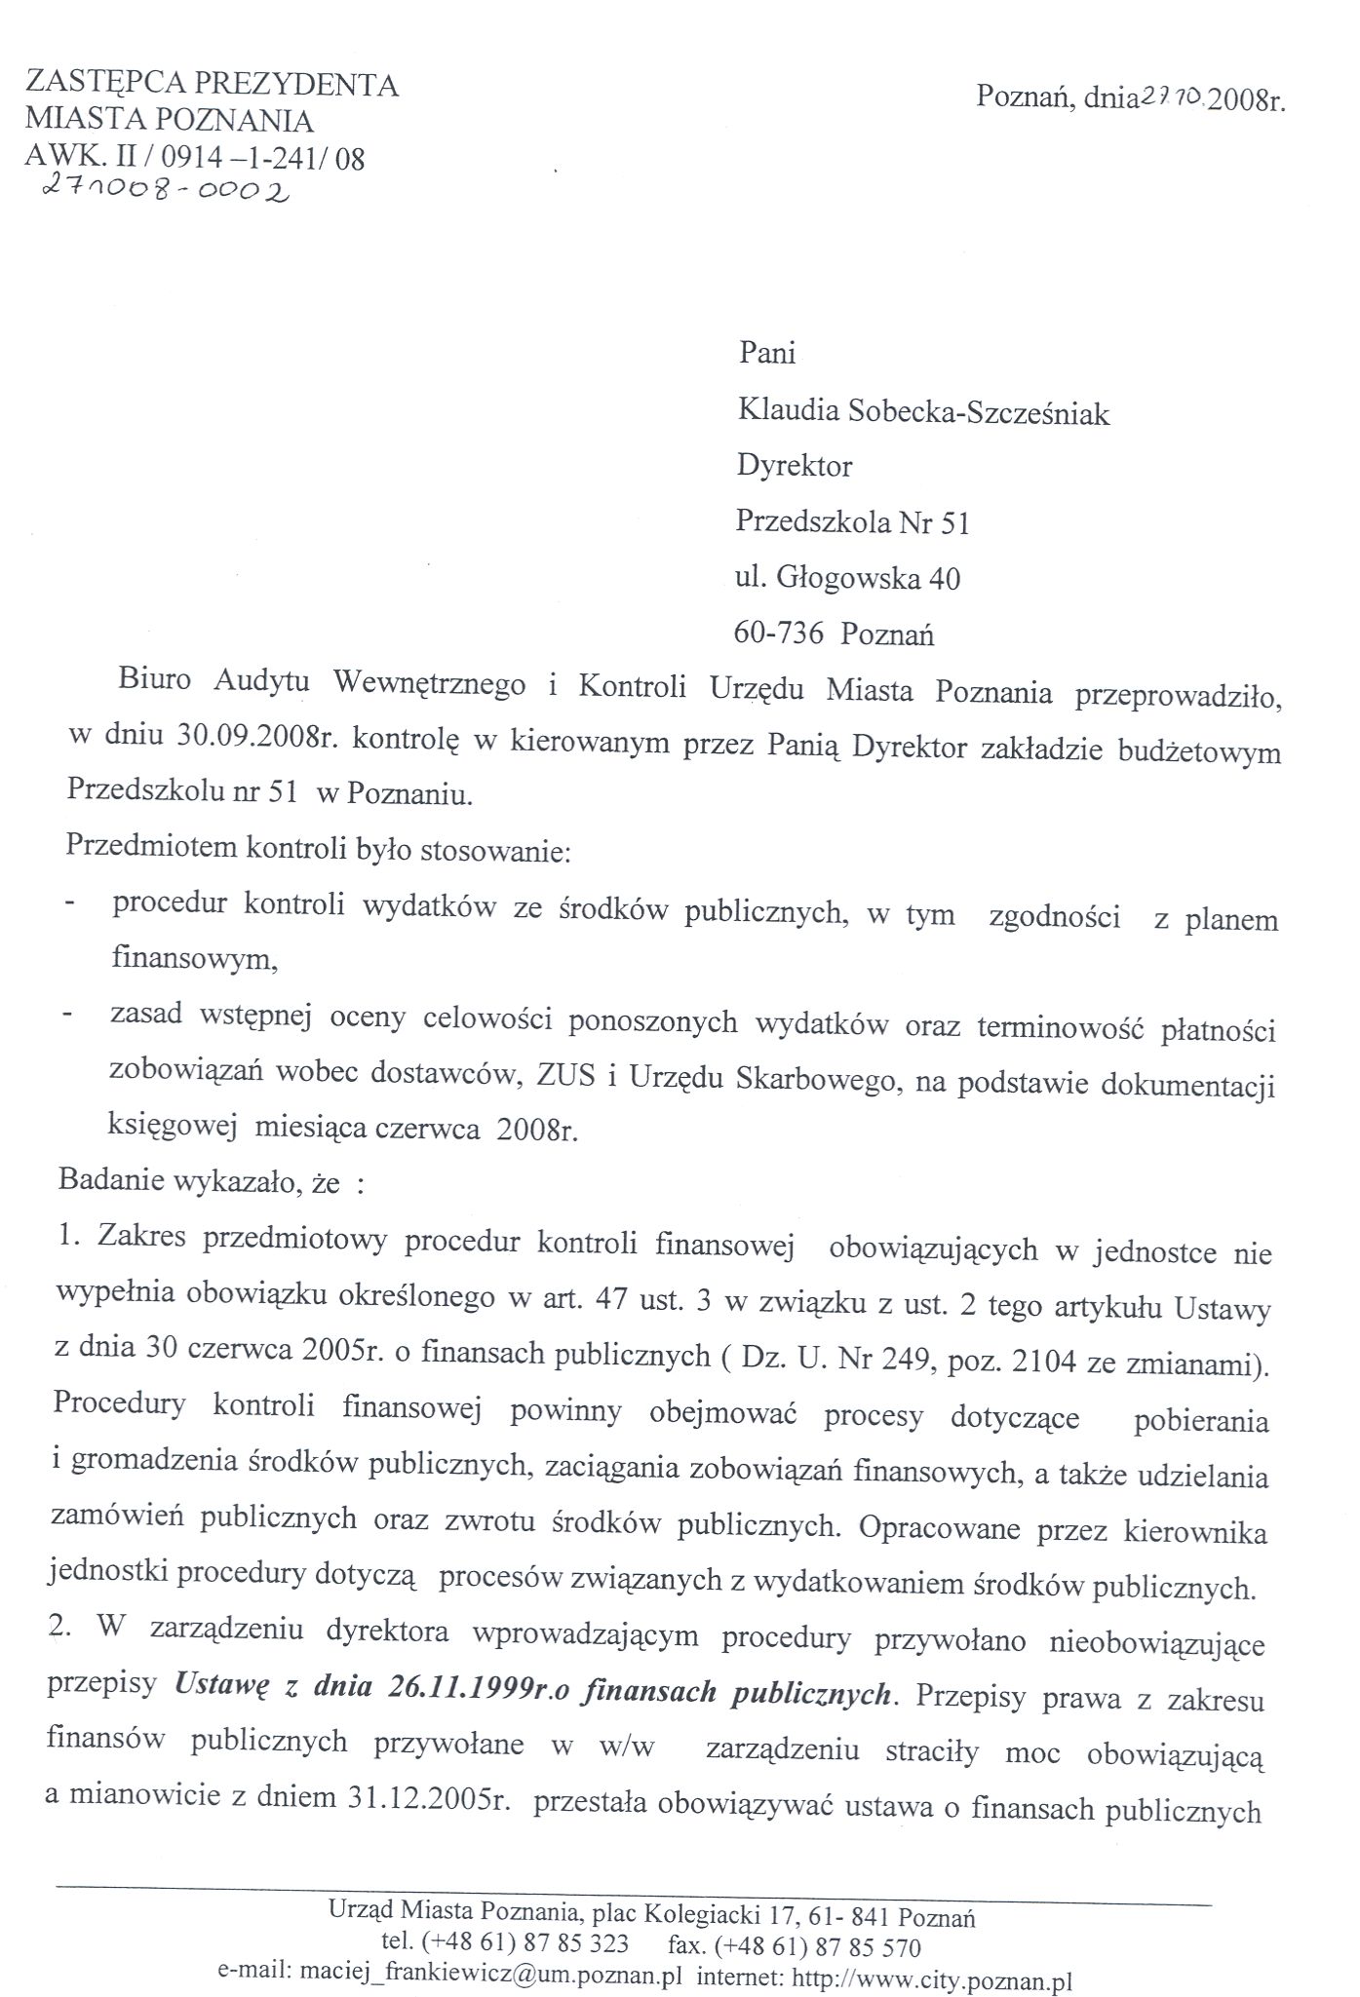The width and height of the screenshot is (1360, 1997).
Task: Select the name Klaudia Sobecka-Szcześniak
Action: [923, 413]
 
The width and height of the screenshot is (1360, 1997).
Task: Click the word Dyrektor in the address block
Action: [794, 467]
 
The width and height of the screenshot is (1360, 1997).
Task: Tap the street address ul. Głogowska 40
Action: [847, 580]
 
